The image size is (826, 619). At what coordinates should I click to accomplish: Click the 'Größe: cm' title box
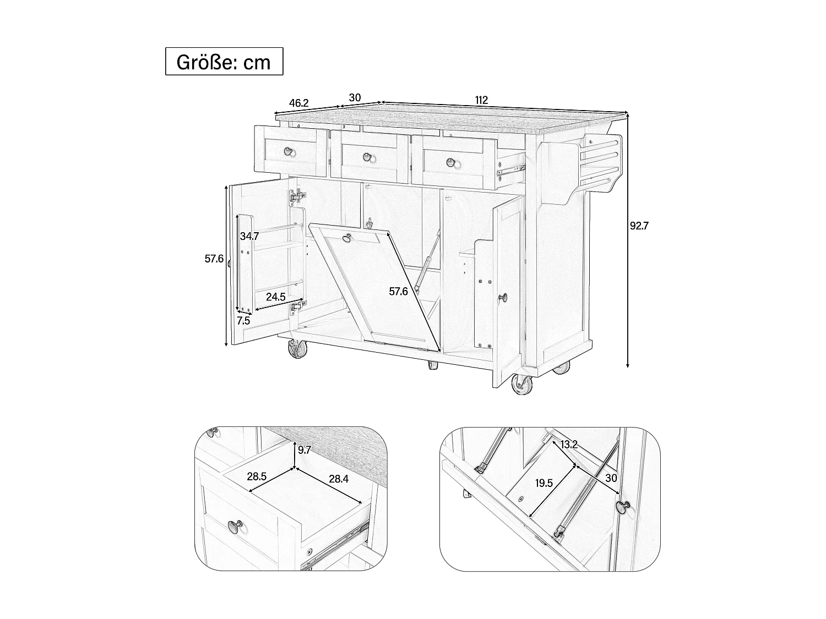pyautogui.click(x=224, y=62)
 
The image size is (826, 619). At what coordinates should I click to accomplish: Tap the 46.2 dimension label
pyautogui.click(x=299, y=103)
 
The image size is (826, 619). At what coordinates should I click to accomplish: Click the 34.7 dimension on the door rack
pyautogui.click(x=249, y=237)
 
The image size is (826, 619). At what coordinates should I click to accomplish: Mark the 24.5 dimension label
pyautogui.click(x=275, y=297)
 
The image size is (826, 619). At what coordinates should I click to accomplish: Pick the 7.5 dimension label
pyautogui.click(x=243, y=321)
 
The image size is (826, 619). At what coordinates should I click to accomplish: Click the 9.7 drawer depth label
pyautogui.click(x=305, y=450)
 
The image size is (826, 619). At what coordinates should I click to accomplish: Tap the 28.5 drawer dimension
pyautogui.click(x=257, y=476)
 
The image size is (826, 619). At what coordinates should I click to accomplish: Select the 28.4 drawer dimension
pyautogui.click(x=339, y=479)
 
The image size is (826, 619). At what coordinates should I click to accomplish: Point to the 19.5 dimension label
pyautogui.click(x=544, y=483)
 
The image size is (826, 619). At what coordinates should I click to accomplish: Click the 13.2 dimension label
pyautogui.click(x=569, y=445)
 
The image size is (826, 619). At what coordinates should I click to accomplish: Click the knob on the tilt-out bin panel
pyautogui.click(x=347, y=238)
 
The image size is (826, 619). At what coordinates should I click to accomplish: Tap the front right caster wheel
pyautogui.click(x=521, y=385)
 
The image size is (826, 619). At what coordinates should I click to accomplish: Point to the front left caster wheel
pyautogui.click(x=296, y=349)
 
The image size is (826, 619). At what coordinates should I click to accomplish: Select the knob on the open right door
pyautogui.click(x=503, y=297)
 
